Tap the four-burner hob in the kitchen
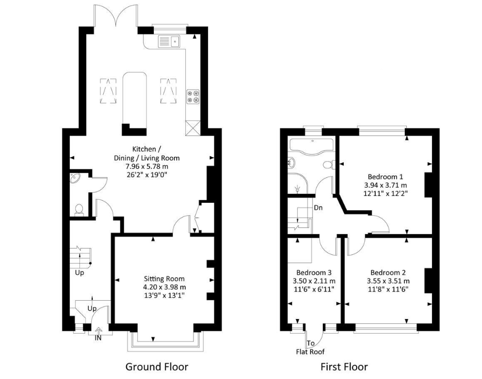click(x=194, y=96)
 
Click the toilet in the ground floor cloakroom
click(x=79, y=209)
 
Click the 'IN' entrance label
click(x=98, y=338)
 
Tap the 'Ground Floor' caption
click(x=156, y=366)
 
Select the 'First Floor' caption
click(x=344, y=366)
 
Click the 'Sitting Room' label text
click(x=164, y=279)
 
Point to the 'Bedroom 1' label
click(x=385, y=176)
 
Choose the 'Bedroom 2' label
click(x=388, y=273)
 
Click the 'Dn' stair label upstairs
click(x=318, y=207)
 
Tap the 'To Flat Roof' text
click(x=310, y=347)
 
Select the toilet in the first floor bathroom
click(x=328, y=165)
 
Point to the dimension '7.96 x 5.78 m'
click(x=147, y=166)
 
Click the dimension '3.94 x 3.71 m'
click(x=385, y=185)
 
